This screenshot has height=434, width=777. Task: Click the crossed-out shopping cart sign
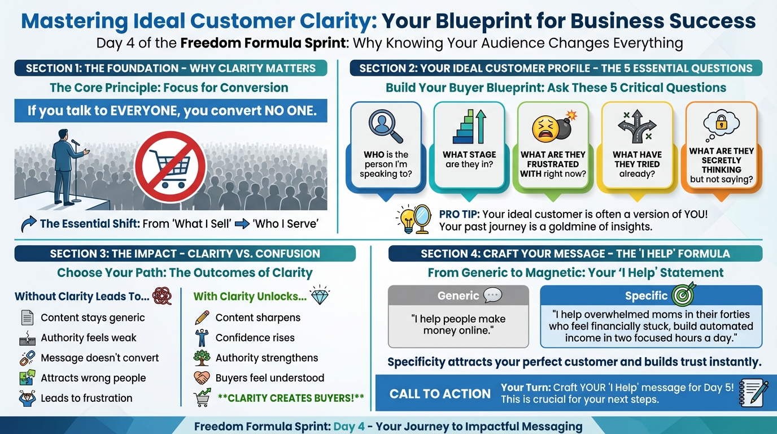[x=171, y=166]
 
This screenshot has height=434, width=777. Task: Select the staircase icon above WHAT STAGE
[x=469, y=127]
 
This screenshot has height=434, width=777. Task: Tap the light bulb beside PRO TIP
[x=407, y=219]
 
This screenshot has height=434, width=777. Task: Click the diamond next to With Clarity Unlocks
[x=320, y=296]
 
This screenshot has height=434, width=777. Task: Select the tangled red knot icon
[x=162, y=296]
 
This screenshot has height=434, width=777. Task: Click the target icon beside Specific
[x=683, y=294]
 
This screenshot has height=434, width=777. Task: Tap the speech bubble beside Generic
[x=492, y=295]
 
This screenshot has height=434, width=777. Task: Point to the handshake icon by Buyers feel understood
[x=202, y=377]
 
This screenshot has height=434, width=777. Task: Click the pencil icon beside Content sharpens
[x=202, y=318]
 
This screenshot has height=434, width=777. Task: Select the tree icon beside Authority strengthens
[x=202, y=358]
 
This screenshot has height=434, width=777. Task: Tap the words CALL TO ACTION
[x=440, y=394]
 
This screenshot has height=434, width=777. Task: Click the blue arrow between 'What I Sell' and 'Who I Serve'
[x=242, y=224]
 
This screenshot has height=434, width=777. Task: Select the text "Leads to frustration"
[x=86, y=398]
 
